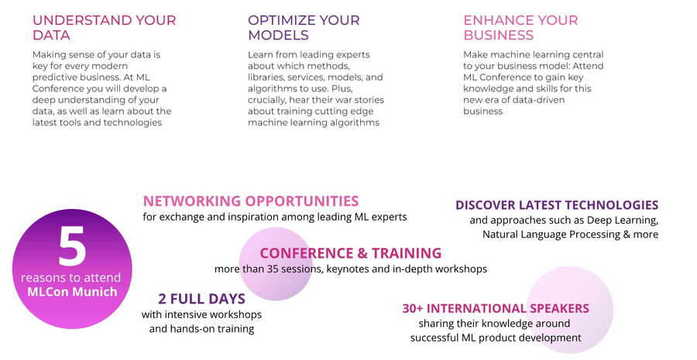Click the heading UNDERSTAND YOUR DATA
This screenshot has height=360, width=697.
[x=104, y=28]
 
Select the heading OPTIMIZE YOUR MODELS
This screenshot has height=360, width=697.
[x=304, y=28]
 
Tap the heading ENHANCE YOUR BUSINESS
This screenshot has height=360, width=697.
[x=520, y=28]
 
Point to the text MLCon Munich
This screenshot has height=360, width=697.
[x=72, y=292]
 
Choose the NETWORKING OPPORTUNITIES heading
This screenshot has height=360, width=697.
[x=251, y=201]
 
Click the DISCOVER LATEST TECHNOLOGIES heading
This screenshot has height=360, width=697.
[x=557, y=205]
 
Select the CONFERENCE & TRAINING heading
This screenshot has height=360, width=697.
[x=351, y=253]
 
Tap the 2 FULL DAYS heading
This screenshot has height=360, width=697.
[x=202, y=299]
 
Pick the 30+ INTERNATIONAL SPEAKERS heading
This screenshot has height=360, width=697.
[x=496, y=308]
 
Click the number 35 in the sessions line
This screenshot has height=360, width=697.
[x=272, y=269]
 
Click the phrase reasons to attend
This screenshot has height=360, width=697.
[x=70, y=278]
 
